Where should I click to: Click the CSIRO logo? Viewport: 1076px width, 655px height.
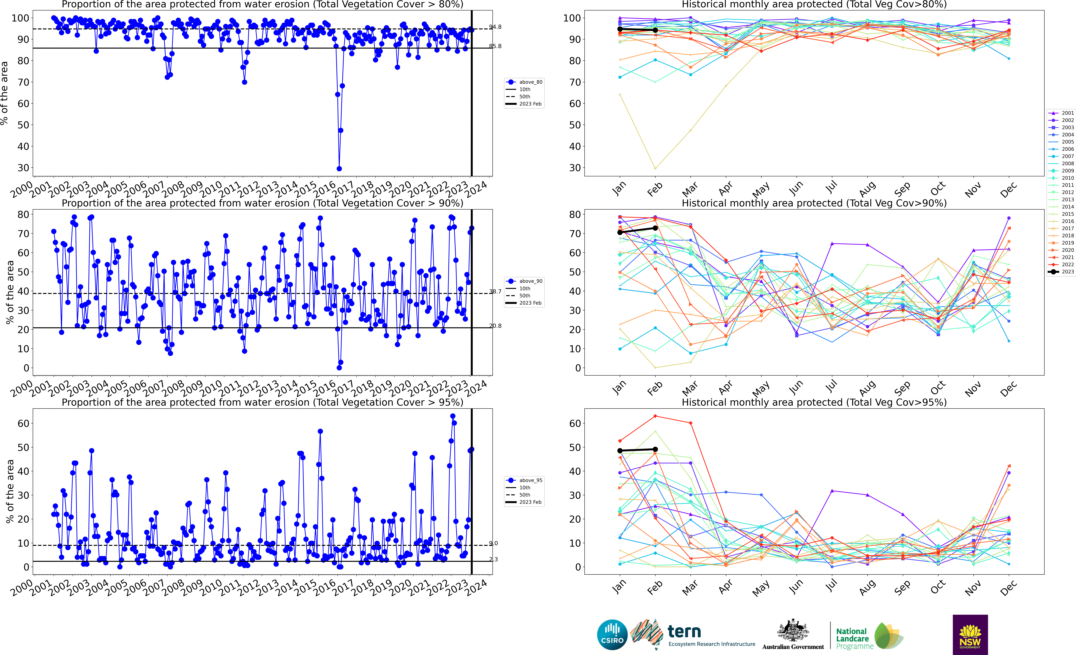point(612,634)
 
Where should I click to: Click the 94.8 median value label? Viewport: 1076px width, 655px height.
point(495,27)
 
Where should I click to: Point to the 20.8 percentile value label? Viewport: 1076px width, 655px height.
point(495,326)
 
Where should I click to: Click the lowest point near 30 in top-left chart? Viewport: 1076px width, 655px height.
point(339,169)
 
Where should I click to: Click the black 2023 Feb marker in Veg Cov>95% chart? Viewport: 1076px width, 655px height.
point(655,449)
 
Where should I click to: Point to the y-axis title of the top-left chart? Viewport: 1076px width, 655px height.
point(4,93)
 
